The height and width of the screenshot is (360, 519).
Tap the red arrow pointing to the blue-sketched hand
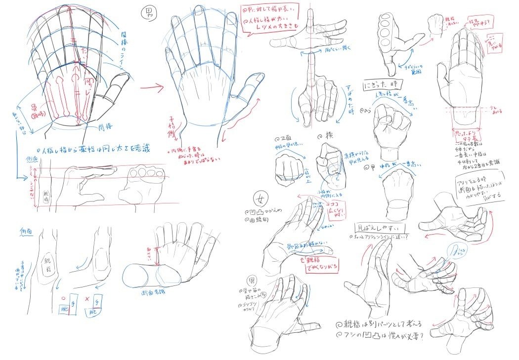pyautogui.click(x=152, y=89)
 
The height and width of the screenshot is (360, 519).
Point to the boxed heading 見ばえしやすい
pyautogui.click(x=381, y=228)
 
